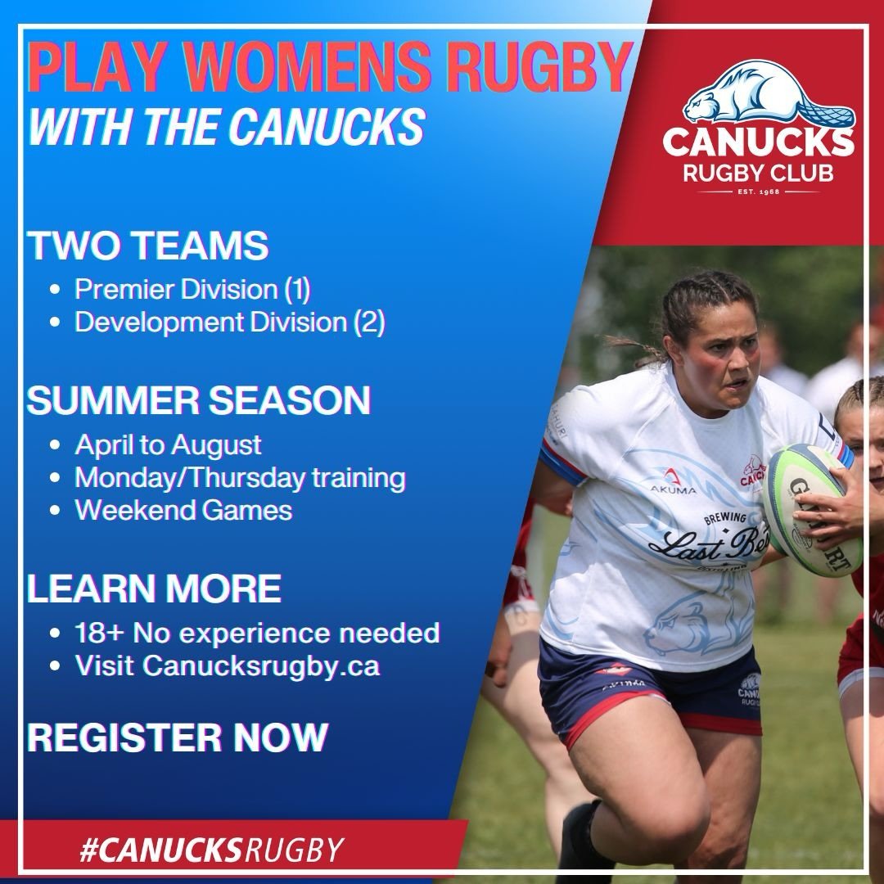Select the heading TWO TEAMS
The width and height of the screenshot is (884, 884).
pyautogui.click(x=147, y=246)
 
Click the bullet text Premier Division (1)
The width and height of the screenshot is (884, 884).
pyautogui.click(x=193, y=289)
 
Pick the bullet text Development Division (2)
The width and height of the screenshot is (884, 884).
pyautogui.click(x=230, y=322)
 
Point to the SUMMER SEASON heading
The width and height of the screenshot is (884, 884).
pyautogui.click(x=199, y=401)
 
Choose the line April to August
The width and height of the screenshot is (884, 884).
pyautogui.click(x=168, y=444)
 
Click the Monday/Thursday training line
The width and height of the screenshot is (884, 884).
pyautogui.click(x=240, y=477)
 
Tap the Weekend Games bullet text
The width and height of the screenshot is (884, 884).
pyautogui.click(x=183, y=510)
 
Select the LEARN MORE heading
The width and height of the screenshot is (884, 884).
pyautogui.click(x=154, y=589)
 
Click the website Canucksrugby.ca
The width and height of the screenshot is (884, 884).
pyautogui.click(x=261, y=665)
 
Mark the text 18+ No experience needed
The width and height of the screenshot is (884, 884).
pyautogui.click(x=257, y=632)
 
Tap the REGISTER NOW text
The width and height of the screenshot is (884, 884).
pyautogui.click(x=178, y=737)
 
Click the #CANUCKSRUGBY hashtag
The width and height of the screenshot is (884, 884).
pyautogui.click(x=210, y=849)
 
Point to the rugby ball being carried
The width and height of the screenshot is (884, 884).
pyautogui.click(x=810, y=509)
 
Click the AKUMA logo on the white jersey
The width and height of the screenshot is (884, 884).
pyautogui.click(x=673, y=483)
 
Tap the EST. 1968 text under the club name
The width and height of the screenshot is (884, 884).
pyautogui.click(x=759, y=192)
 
